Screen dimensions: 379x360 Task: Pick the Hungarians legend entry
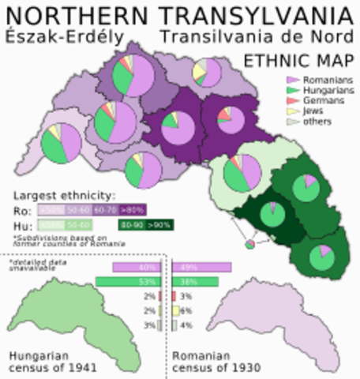315,91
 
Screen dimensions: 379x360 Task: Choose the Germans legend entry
312,102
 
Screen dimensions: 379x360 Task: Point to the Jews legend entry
304,112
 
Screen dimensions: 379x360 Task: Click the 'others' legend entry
307,122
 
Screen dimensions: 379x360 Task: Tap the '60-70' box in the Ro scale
104,211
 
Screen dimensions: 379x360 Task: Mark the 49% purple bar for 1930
202,268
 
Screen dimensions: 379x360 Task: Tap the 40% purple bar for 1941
136,268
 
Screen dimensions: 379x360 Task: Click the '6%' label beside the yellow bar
186,311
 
